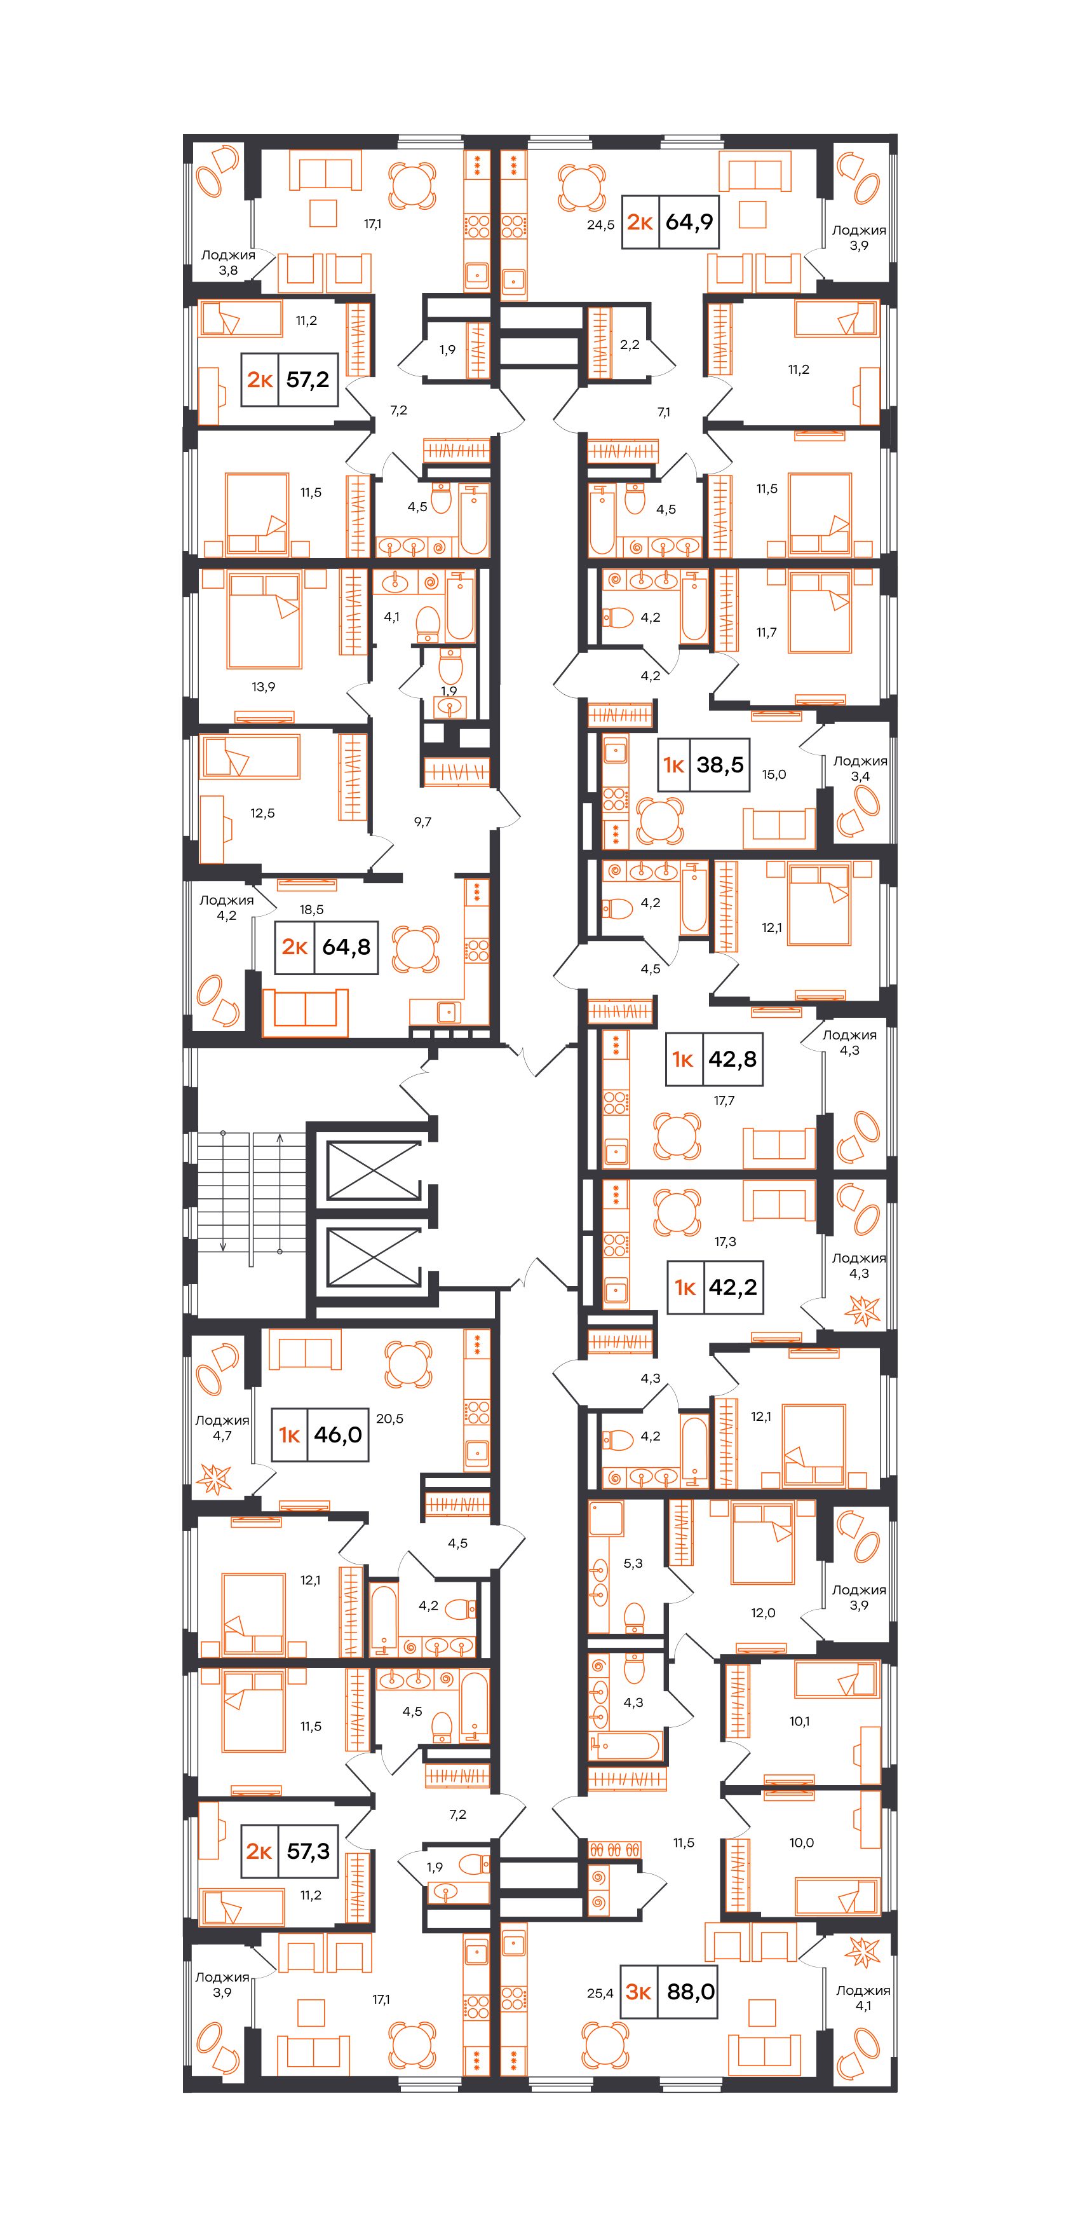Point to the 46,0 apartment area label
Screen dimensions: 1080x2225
pyautogui.click(x=337, y=1435)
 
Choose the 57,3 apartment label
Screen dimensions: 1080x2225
pyautogui.click(x=289, y=1851)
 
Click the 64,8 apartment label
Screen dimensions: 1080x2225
pyautogui.click(x=327, y=947)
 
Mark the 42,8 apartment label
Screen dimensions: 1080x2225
pyautogui.click(x=715, y=1059)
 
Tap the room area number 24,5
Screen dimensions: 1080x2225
pyautogui.click(x=601, y=224)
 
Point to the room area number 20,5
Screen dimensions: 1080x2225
pyautogui.click(x=389, y=1418)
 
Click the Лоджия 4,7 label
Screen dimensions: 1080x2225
pyautogui.click(x=222, y=1428)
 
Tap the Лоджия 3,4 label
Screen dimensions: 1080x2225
pyautogui.click(x=860, y=769)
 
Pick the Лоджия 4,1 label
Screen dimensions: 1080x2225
pyautogui.click(x=863, y=1998)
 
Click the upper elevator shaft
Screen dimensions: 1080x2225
pyautogui.click(x=374, y=1170)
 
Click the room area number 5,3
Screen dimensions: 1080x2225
pyautogui.click(x=633, y=1563)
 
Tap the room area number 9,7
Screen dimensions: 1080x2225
pyautogui.click(x=422, y=821)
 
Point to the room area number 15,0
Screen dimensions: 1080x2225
pyautogui.click(x=774, y=774)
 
